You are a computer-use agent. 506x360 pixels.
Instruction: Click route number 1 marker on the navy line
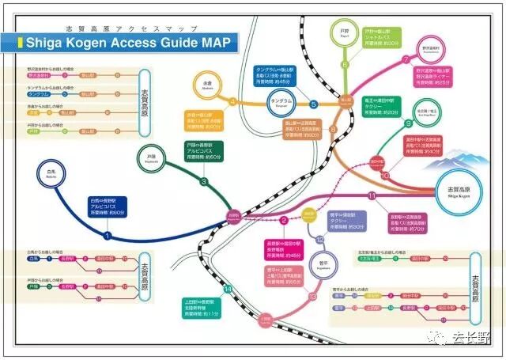click(x=108, y=235)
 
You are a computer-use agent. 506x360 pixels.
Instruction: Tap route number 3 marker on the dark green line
click(x=204, y=182)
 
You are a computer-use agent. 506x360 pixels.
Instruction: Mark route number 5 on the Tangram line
click(x=313, y=104)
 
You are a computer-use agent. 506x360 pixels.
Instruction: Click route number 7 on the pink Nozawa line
click(x=406, y=59)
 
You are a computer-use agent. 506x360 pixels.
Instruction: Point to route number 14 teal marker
click(x=227, y=290)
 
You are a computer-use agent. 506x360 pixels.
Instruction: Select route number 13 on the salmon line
click(x=313, y=296)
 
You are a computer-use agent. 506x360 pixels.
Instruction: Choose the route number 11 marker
click(x=372, y=195)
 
